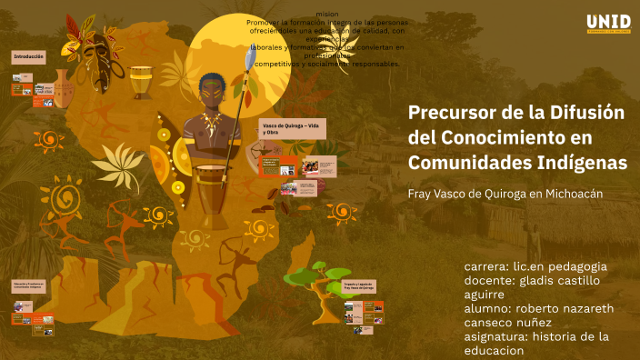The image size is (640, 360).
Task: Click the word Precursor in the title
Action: click(x=453, y=114)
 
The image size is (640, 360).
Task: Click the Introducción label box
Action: click(x=28, y=56)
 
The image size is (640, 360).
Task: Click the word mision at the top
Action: click(x=327, y=15)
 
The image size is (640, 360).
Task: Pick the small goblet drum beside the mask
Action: click(x=141, y=82)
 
